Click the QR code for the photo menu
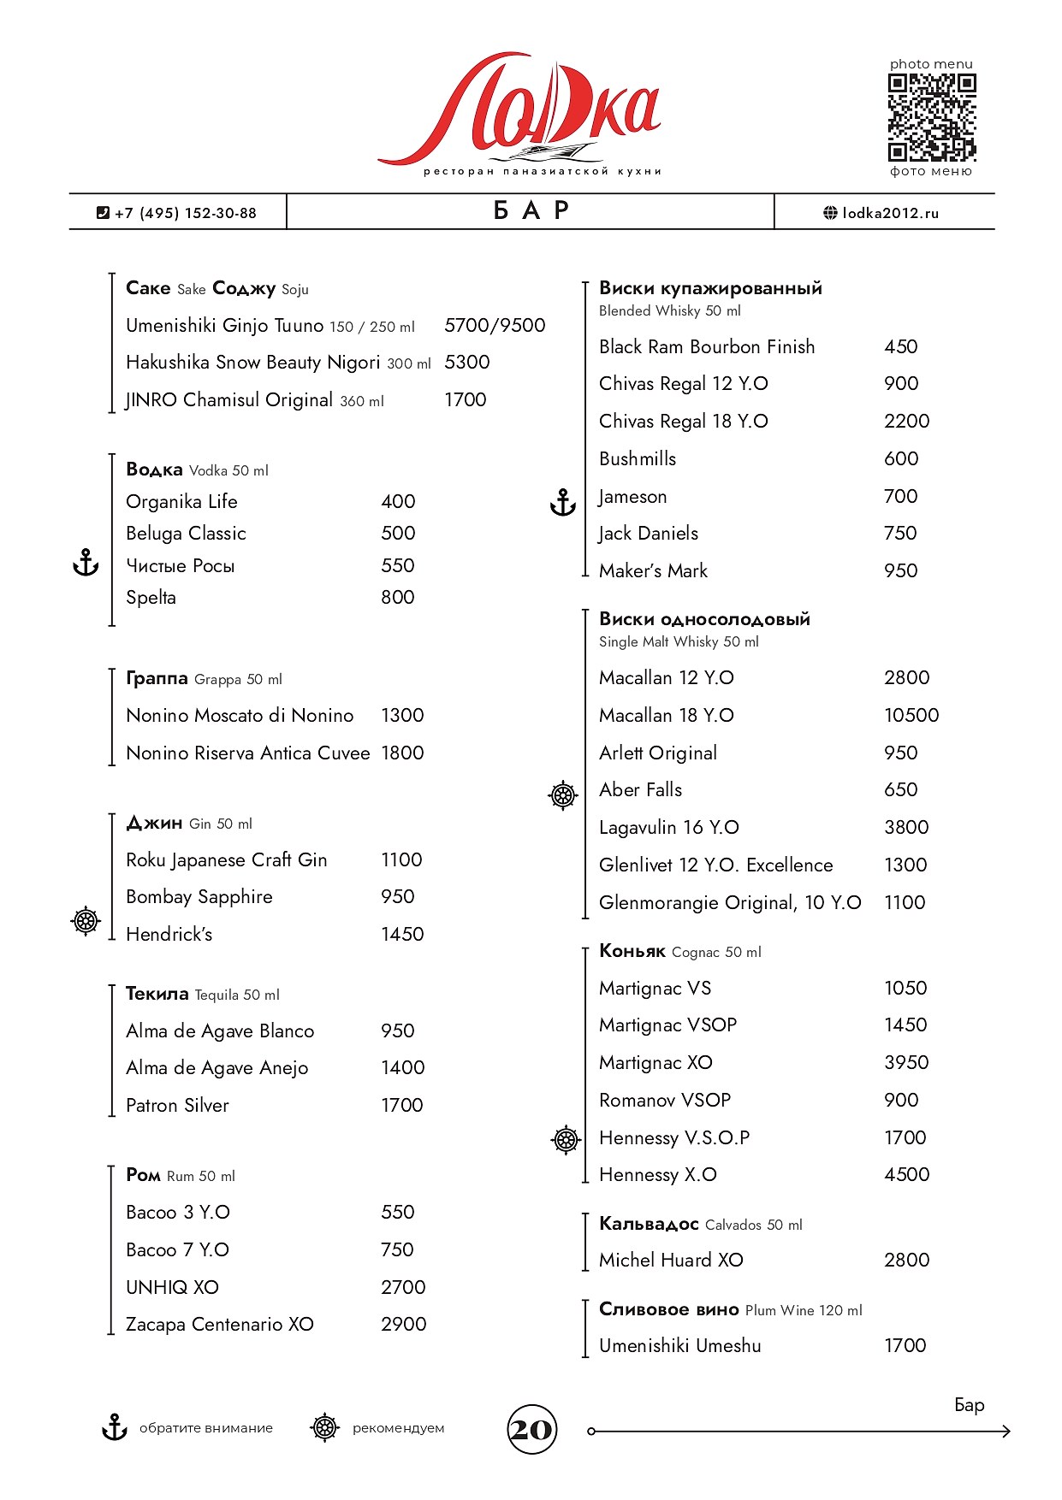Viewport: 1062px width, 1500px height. coord(931,117)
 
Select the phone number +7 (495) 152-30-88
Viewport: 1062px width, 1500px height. coord(185,213)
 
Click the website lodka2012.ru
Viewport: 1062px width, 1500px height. coord(890,213)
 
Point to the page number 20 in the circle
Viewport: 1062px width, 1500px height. coord(531,1429)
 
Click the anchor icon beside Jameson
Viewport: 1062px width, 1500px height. coord(562,502)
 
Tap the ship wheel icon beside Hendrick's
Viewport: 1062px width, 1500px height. coord(86,921)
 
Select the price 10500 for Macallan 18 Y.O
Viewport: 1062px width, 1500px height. coord(911,715)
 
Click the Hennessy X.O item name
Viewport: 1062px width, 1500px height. coord(657,1175)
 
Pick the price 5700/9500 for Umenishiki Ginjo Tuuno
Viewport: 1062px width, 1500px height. coord(495,325)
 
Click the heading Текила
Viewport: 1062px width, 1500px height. coord(157,994)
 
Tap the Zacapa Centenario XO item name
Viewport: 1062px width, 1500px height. coord(219,1324)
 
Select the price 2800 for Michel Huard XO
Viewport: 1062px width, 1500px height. coord(906,1260)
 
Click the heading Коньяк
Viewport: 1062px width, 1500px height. coord(632,951)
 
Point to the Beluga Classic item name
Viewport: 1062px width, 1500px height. coord(186,534)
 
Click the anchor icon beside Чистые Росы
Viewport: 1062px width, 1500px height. coord(86,563)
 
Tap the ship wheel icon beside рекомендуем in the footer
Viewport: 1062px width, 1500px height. coord(324,1427)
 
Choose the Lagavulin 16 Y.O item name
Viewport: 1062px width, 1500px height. coord(668,828)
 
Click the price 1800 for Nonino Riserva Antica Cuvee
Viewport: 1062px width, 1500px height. coord(402,753)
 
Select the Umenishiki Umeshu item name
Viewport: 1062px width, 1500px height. coord(679,1345)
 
